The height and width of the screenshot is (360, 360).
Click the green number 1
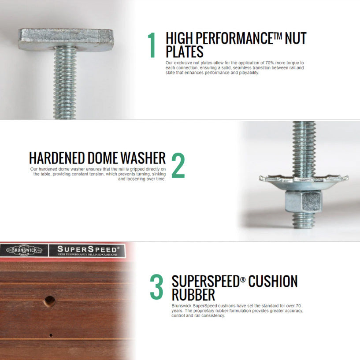(x=152, y=45)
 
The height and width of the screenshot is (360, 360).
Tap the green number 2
(x=178, y=165)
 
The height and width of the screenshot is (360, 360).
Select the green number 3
(x=156, y=287)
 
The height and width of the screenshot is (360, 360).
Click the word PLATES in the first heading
(x=185, y=52)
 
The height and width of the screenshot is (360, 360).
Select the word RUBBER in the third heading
(x=193, y=294)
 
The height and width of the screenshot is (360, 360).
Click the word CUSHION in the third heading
(x=273, y=281)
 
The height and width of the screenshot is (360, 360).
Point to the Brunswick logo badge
(x=24, y=250)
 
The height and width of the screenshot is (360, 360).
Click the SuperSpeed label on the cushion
(x=87, y=250)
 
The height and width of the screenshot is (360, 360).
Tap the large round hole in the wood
(x=50, y=301)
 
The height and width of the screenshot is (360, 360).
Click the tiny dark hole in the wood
(x=51, y=335)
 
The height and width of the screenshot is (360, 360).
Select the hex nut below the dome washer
(x=302, y=201)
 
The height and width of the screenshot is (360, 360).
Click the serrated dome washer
(x=304, y=182)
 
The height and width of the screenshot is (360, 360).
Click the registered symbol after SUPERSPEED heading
(x=243, y=280)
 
